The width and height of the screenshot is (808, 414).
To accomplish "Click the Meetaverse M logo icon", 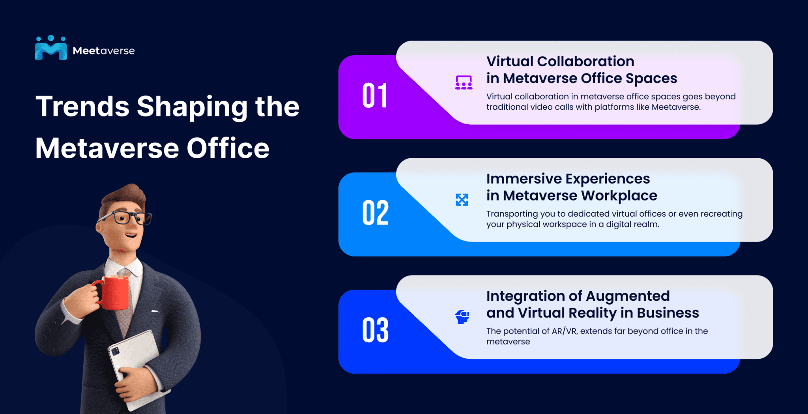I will click(50, 48).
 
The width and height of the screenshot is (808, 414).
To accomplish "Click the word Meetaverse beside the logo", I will click(104, 51).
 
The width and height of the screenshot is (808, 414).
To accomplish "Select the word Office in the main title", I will click(228, 148).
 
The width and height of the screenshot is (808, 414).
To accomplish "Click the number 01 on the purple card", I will click(375, 96).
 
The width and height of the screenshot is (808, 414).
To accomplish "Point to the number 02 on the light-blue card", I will click(375, 213).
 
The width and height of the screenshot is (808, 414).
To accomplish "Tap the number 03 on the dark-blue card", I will click(375, 330).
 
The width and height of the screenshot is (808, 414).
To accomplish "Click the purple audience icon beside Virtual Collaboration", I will click(464, 82).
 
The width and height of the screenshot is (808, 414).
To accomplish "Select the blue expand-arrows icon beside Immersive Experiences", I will click(462, 200).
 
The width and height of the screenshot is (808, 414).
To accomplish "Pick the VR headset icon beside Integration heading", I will click(462, 317).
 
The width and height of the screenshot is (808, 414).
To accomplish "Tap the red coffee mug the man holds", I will click(115, 292).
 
